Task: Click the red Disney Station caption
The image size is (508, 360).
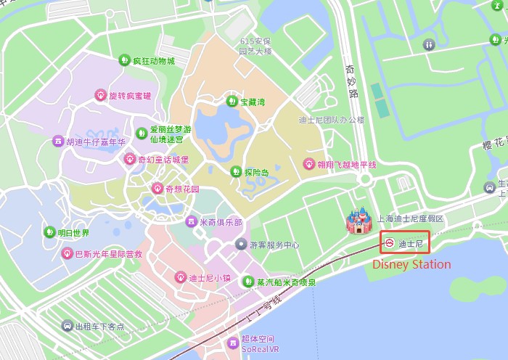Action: tap(411, 265)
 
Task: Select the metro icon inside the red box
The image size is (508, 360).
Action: tap(390, 242)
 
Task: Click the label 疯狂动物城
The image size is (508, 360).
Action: tap(154, 61)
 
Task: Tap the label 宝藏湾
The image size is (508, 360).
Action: tap(253, 102)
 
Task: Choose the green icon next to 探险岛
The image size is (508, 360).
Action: tap(235, 172)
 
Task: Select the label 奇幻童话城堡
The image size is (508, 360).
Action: tap(163, 160)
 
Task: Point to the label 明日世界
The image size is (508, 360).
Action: tap(74, 233)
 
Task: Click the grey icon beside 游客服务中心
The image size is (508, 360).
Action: tap(240, 245)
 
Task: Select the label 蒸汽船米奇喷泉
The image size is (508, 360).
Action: tap(287, 282)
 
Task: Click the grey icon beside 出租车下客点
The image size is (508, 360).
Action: tap(67, 327)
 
